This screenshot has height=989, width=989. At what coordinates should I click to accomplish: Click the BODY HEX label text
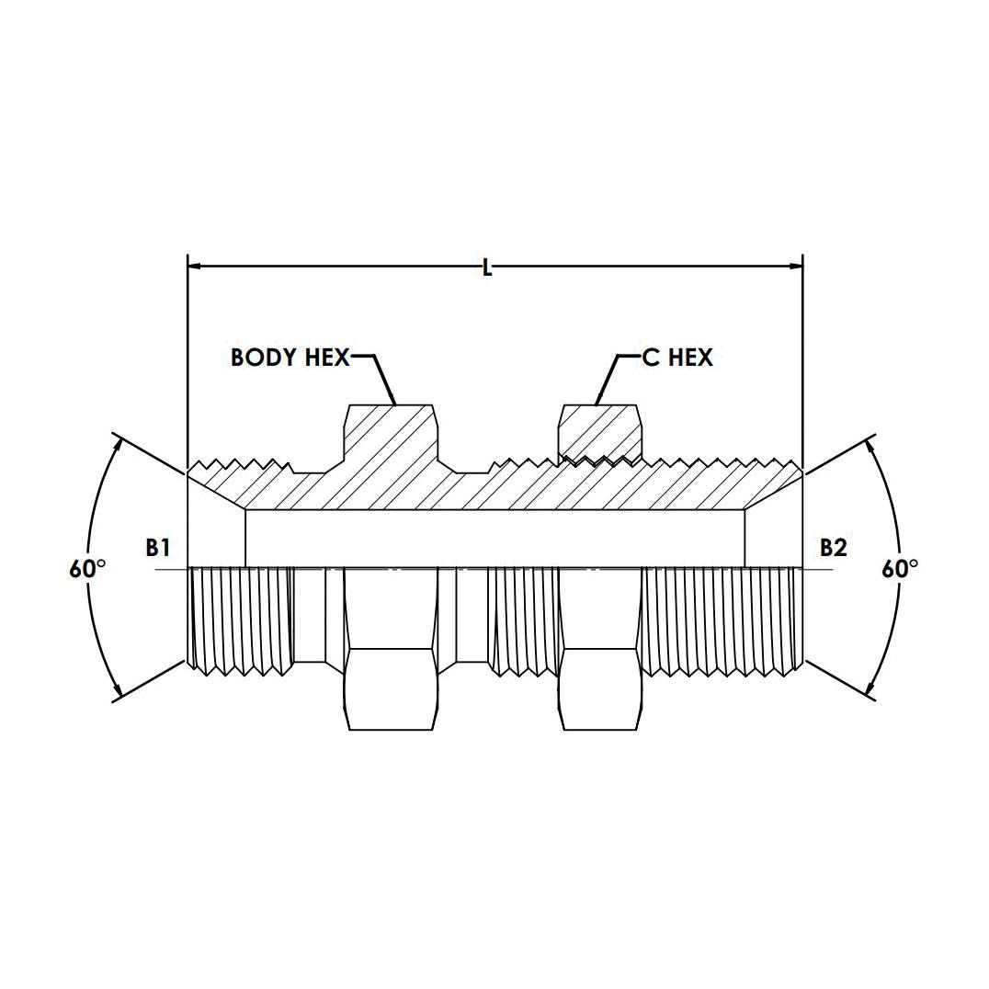point(290,358)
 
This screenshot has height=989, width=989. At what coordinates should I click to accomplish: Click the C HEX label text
point(677,358)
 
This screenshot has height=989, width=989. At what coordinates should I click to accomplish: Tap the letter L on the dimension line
point(486,268)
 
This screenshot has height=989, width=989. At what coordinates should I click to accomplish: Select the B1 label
point(158,548)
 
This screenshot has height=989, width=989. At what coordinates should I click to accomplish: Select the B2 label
point(834,548)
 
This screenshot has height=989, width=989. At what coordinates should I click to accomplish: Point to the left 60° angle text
point(87,569)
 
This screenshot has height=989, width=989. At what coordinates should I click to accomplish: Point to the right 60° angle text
point(900,569)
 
